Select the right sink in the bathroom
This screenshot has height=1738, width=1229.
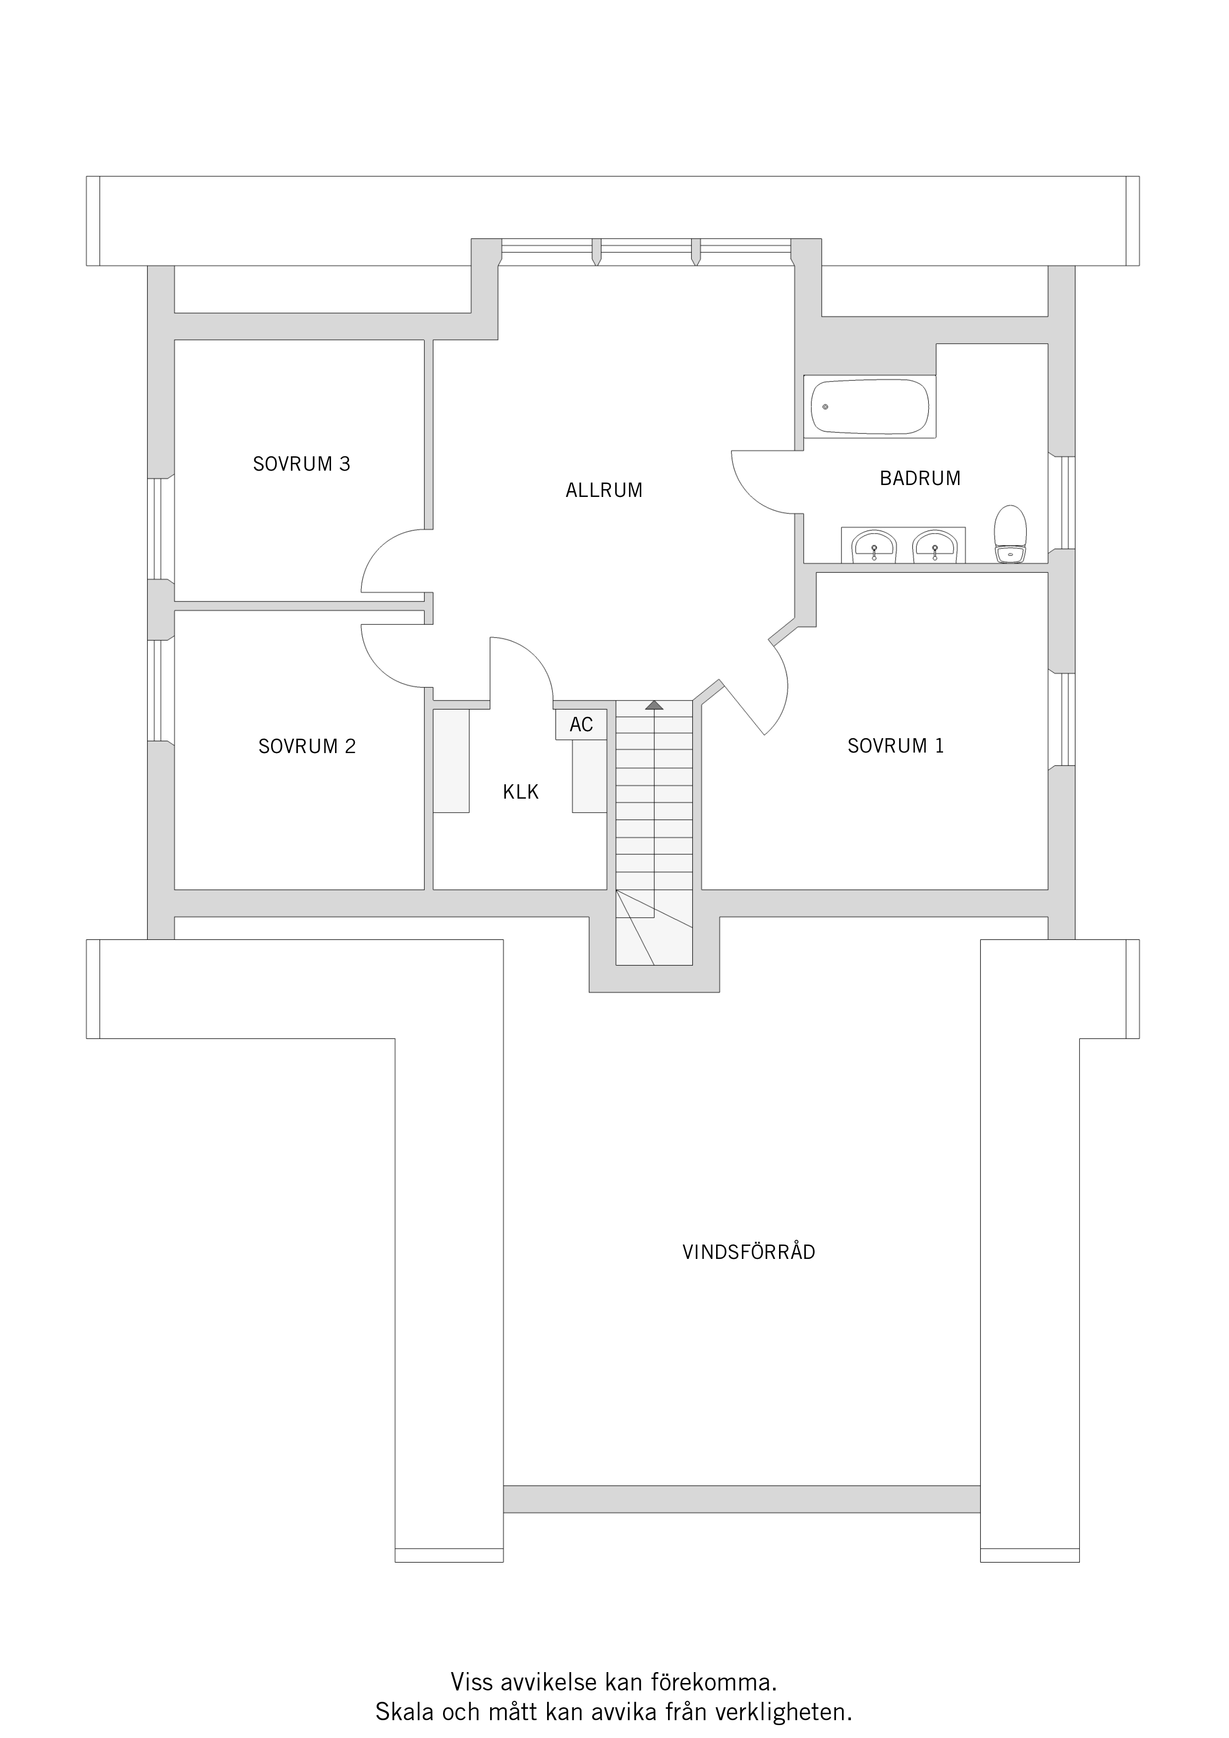(935, 546)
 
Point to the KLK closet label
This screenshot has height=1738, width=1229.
(520, 792)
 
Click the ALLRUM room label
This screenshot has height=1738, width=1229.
(604, 490)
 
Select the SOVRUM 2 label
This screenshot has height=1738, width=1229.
(307, 746)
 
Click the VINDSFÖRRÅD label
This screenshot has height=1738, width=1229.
(748, 1252)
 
